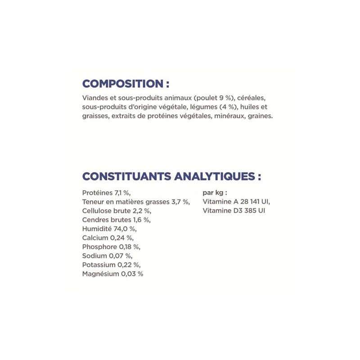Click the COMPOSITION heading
click(126, 84)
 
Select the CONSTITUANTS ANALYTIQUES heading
click(171, 176)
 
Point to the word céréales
click(252, 98)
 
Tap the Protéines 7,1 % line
click(106, 193)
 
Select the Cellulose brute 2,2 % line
click(117, 211)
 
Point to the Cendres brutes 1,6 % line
click(116, 220)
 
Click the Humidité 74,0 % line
click(109, 229)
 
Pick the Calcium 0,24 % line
click(108, 238)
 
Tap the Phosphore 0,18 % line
click(112, 247)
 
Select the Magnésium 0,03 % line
click(112, 274)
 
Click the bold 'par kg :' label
click(215, 193)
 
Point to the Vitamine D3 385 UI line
click(234, 211)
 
